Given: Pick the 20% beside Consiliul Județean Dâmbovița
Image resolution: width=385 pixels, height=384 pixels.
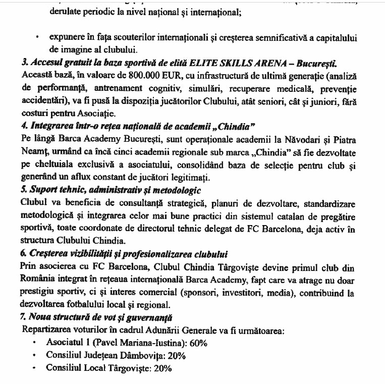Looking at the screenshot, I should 176,356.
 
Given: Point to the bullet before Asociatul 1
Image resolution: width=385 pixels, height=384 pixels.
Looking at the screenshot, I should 34,343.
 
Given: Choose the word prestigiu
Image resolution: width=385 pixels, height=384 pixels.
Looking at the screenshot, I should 39,293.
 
